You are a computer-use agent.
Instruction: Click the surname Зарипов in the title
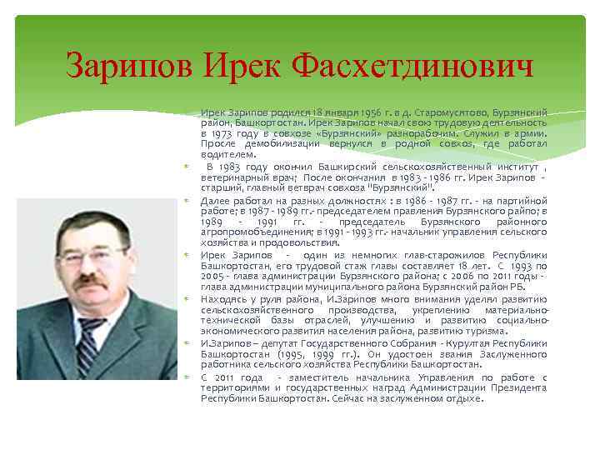coord(127,63)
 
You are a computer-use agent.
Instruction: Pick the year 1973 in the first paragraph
coord(224,133)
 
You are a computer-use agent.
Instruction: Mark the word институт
coord(509,165)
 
